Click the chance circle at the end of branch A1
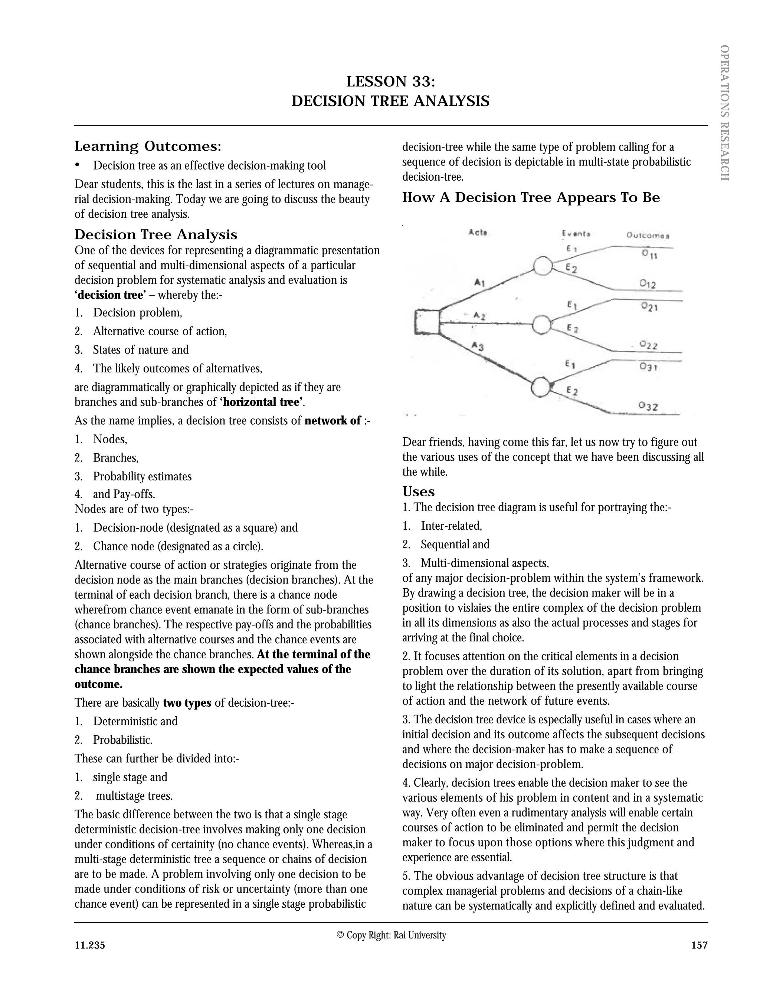543,266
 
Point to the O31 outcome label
648,367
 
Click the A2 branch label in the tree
479,316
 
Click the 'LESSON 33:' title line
390,82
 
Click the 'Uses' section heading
418,491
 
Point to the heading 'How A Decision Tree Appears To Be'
530,198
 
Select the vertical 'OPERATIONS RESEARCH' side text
724,112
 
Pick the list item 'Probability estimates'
142,477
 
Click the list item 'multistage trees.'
134,796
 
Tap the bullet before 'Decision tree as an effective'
78,165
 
